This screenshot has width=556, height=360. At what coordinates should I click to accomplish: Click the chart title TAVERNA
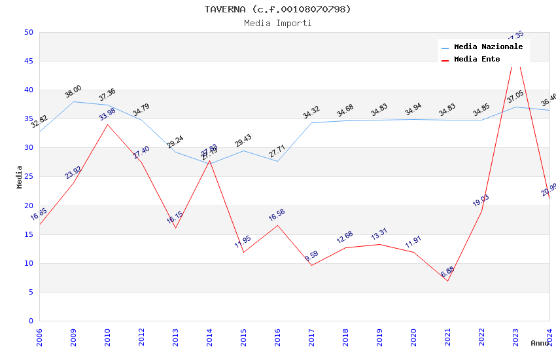click(x=277, y=9)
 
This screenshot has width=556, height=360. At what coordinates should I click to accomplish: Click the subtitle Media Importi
click(x=277, y=23)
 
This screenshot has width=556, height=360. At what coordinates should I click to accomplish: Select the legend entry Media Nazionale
click(x=488, y=47)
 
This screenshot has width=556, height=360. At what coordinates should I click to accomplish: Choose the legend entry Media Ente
click(x=477, y=60)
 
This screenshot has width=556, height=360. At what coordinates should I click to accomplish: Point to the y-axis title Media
click(x=20, y=177)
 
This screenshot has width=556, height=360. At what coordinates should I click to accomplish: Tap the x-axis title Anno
click(x=540, y=343)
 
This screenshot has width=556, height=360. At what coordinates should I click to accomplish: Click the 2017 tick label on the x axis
click(x=312, y=338)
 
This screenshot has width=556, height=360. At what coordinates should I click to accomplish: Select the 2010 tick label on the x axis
click(x=108, y=338)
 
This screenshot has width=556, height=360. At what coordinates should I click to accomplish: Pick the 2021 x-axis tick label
click(x=448, y=338)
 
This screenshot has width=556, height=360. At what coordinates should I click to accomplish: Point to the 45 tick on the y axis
click(x=28, y=62)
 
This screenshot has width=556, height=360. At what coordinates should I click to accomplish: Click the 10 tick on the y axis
click(x=28, y=263)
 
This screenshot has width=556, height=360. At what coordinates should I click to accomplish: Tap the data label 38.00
click(x=73, y=92)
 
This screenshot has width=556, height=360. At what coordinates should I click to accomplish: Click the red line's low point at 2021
click(x=447, y=281)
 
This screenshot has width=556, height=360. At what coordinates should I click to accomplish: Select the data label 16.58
click(x=277, y=215)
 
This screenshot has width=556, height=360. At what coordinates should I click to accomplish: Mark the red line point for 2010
click(x=107, y=124)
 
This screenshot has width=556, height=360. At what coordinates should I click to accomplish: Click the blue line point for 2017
click(x=311, y=122)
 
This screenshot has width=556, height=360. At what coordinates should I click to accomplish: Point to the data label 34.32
click(x=311, y=112)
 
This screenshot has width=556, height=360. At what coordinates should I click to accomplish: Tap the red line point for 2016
click(x=277, y=225)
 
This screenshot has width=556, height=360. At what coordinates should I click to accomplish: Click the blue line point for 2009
click(x=73, y=101)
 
